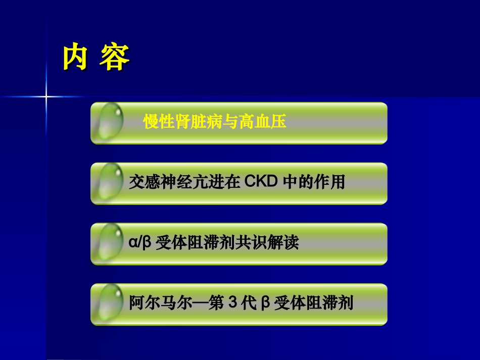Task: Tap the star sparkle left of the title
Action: point(46,96)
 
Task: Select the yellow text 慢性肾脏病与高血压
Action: point(215,122)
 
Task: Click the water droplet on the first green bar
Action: point(110,122)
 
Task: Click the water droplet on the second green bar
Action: point(110,182)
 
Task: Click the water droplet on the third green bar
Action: point(110,243)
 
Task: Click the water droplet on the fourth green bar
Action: point(110,303)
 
